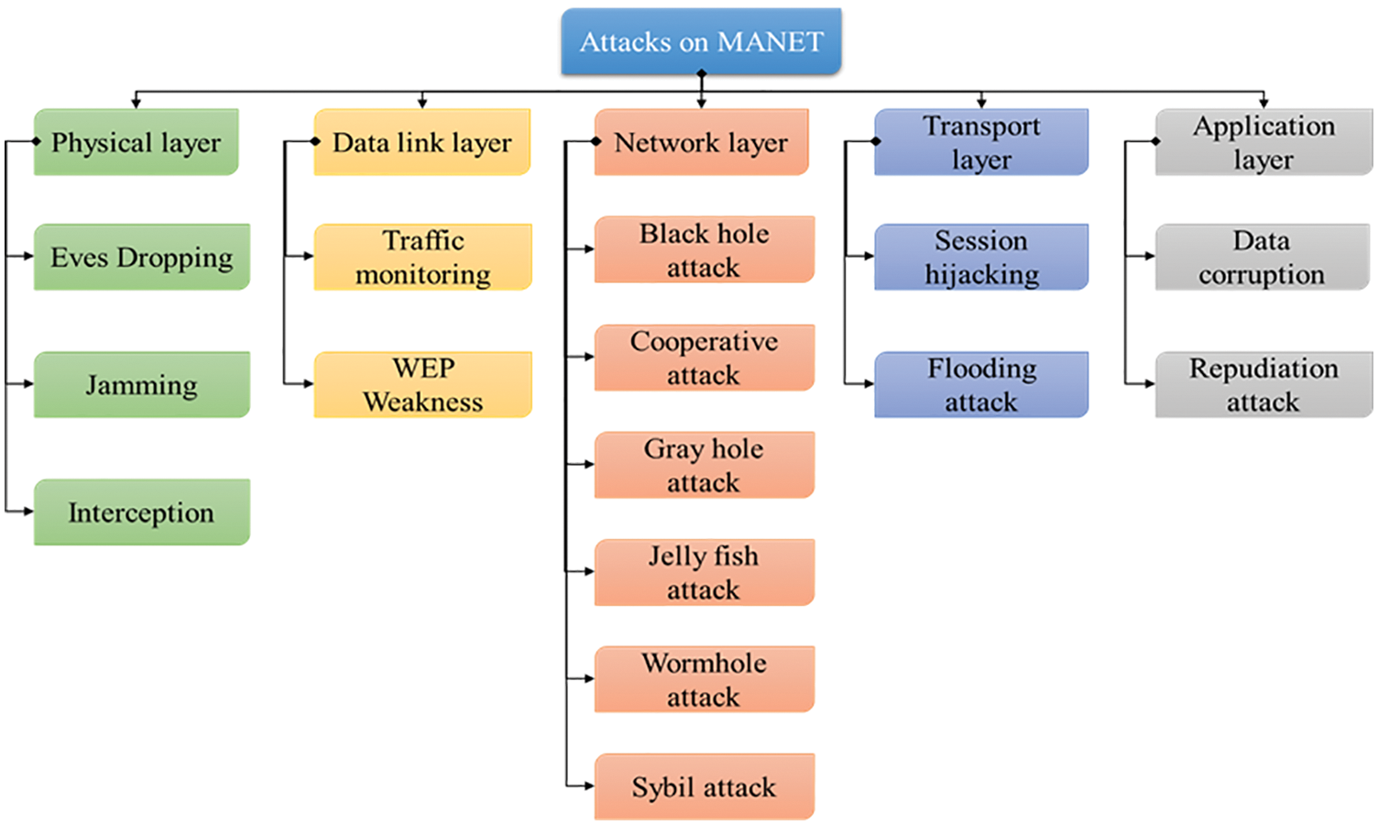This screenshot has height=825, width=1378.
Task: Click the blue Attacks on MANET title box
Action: click(701, 42)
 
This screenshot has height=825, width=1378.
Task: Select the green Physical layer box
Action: click(137, 142)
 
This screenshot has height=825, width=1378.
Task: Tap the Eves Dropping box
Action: click(142, 258)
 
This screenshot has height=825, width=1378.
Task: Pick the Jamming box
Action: click(142, 385)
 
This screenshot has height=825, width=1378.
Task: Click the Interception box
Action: click(142, 512)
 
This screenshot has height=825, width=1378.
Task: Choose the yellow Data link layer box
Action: click(422, 142)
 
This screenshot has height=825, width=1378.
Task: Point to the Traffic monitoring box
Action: click(422, 258)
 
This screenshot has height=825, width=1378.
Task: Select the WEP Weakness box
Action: click(422, 385)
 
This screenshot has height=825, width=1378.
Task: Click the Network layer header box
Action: click(701, 142)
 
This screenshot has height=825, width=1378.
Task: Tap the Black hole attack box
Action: click(704, 249)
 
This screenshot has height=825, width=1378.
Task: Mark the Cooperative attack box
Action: click(704, 357)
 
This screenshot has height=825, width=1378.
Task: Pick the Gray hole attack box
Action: click(704, 465)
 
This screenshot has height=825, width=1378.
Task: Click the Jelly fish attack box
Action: click(704, 572)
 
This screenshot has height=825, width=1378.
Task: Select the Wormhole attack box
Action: click(704, 679)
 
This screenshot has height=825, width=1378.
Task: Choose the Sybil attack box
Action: click(704, 786)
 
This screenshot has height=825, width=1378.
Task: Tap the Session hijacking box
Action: click(981, 258)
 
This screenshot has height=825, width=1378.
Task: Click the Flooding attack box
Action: click(981, 385)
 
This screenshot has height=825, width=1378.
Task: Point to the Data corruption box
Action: click(1262, 258)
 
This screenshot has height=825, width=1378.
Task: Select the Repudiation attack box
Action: click(1263, 385)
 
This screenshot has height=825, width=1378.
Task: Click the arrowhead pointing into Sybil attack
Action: click(588, 786)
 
